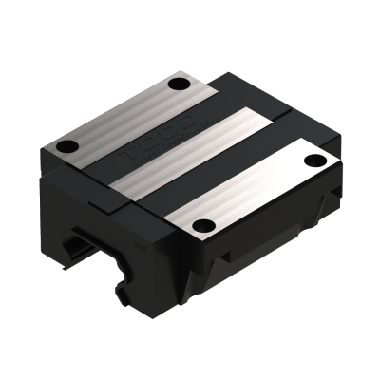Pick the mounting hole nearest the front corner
tap(201, 225)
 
